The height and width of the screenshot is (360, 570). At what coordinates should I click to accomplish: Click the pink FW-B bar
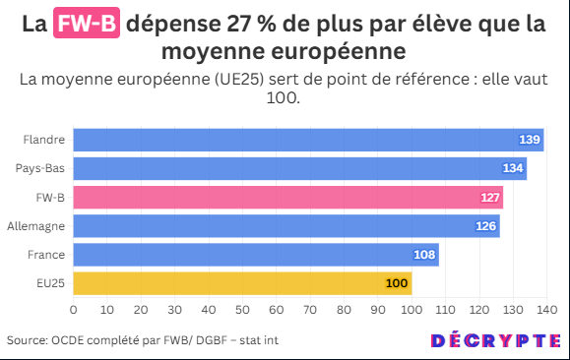[287, 198]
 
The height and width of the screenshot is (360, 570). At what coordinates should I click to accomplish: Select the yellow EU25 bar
[242, 283]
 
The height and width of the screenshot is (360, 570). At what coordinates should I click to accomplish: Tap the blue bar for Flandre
[308, 140]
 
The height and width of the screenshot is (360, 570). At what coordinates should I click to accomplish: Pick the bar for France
[256, 255]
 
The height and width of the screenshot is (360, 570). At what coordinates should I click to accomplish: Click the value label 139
[530, 140]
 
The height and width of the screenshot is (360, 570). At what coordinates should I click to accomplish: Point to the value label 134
[513, 168]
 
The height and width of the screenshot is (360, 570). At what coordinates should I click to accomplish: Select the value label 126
[486, 226]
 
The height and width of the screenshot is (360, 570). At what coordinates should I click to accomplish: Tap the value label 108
[424, 255]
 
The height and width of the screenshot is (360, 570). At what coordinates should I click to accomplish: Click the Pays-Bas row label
[40, 168]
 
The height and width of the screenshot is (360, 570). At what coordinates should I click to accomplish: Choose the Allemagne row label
[36, 226]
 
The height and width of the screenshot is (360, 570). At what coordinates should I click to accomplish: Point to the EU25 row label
[50, 283]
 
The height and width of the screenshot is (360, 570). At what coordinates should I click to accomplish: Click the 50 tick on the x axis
[242, 310]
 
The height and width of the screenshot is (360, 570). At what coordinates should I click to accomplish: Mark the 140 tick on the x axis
[546, 310]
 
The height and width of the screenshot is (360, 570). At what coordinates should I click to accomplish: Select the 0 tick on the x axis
[74, 310]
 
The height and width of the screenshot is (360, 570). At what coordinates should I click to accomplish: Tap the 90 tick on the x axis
[378, 310]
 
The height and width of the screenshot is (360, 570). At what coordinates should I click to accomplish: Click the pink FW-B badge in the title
[87, 23]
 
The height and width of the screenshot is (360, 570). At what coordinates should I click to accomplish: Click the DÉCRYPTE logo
[496, 340]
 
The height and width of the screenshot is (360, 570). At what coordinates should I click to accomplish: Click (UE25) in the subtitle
[239, 80]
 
